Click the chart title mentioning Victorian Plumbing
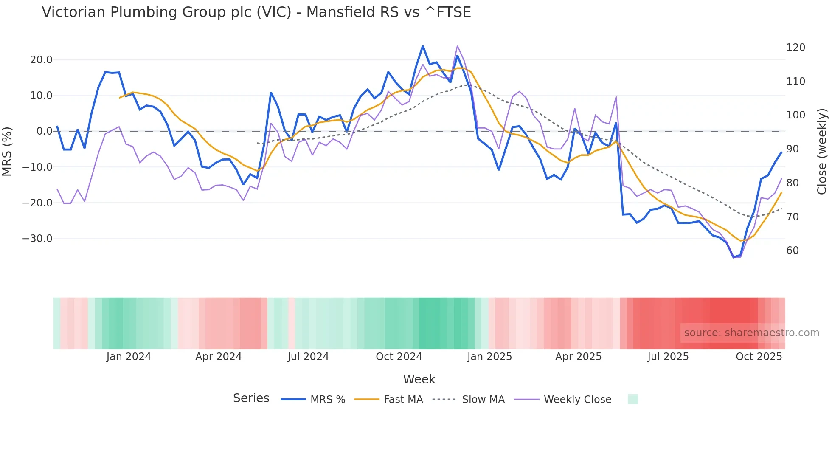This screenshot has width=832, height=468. [x=256, y=12]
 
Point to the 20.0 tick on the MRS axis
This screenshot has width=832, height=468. [x=41, y=60]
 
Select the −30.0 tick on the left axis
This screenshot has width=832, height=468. [x=37, y=239]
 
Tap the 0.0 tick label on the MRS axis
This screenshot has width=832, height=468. [x=44, y=131]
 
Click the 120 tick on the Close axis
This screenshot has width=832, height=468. [x=795, y=48]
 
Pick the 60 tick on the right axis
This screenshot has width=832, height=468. [x=793, y=251]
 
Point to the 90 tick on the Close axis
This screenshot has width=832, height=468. [x=793, y=149]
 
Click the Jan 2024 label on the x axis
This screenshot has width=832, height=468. [x=129, y=357]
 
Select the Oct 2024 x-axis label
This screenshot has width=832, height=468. [x=399, y=357]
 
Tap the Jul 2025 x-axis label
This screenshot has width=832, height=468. [x=668, y=357]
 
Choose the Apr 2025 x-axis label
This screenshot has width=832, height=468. [x=578, y=357]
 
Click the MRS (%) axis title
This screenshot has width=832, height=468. [x=7, y=151]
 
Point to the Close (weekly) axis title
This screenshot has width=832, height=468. [x=822, y=151]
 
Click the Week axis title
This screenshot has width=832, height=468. [x=419, y=379]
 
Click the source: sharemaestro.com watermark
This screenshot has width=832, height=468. [x=751, y=333]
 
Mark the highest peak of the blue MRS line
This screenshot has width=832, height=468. [x=423, y=46]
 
